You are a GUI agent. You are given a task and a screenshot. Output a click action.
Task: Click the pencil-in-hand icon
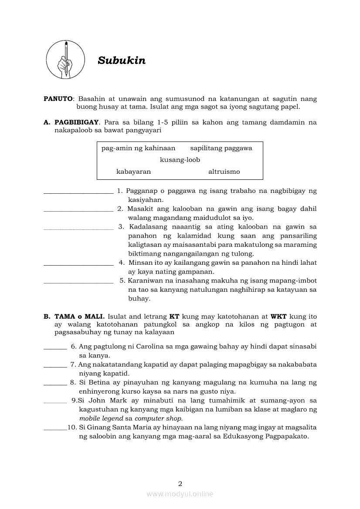pyautogui.click(x=66, y=60)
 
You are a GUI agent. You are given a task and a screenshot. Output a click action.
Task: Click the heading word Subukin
pyautogui.click(x=122, y=61)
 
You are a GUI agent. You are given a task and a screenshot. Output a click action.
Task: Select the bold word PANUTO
pyautogui.click(x=58, y=99)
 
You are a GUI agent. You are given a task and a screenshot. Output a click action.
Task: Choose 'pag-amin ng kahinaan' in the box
pyautogui.click(x=138, y=148)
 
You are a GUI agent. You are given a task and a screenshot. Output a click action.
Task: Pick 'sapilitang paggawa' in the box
pyautogui.click(x=221, y=148)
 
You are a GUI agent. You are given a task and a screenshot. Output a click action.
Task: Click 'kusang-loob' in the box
pyautogui.click(x=180, y=160)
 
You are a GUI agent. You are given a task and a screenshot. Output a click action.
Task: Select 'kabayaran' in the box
pyautogui.click(x=133, y=172)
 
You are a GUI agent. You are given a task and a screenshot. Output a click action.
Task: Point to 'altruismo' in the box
pyautogui.click(x=224, y=172)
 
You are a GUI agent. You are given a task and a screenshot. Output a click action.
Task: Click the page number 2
pyautogui.click(x=180, y=483)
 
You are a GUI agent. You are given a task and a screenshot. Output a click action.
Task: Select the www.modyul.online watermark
pyautogui.click(x=180, y=494)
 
